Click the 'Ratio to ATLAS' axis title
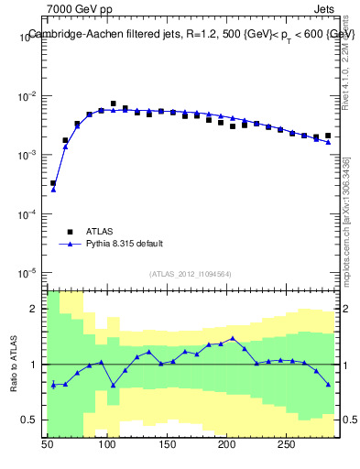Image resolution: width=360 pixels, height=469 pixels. click(x=15, y=365)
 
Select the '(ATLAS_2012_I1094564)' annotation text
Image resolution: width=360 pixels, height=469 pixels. click(x=191, y=273)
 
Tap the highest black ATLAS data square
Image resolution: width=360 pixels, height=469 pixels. click(x=114, y=104)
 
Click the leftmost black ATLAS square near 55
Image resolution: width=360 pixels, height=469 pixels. click(x=53, y=183)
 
